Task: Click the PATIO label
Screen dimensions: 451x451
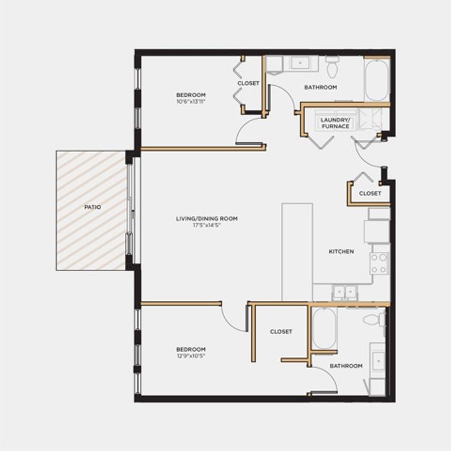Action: click(93, 207)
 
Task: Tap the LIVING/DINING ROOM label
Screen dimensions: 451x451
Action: click(207, 218)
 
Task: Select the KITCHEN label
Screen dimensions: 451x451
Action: click(341, 251)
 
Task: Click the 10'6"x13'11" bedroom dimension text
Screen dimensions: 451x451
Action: click(191, 101)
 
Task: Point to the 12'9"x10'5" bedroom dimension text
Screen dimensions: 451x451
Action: click(191, 356)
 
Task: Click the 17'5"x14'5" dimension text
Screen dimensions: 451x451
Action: click(207, 225)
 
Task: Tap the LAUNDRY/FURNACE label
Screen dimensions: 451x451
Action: click(336, 123)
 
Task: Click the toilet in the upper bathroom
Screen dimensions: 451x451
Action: click(332, 67)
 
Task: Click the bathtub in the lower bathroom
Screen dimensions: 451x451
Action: click(324, 329)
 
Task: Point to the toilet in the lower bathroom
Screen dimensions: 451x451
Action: click(374, 320)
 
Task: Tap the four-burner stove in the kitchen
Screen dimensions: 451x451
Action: click(379, 264)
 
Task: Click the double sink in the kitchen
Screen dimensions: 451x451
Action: click(345, 293)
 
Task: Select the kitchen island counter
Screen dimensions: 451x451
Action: click(297, 253)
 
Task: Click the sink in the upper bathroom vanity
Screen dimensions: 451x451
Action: click(300, 62)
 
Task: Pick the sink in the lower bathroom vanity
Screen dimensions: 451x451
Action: click(378, 361)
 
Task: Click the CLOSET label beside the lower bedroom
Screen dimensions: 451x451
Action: click(281, 332)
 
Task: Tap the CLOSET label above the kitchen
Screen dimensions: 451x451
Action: click(370, 193)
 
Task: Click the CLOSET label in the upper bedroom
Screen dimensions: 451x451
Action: click(248, 83)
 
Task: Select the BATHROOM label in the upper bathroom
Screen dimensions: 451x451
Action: click(320, 87)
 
